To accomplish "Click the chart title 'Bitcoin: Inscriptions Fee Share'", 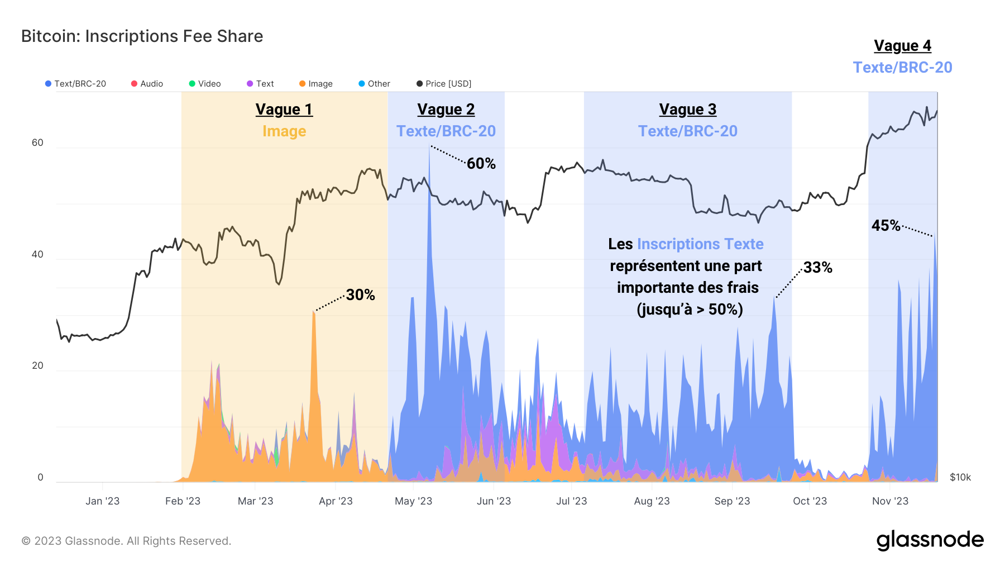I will click(x=142, y=36).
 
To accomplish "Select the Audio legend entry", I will click(x=147, y=84).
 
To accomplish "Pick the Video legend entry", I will click(x=205, y=84).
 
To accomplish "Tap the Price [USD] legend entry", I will click(x=444, y=84).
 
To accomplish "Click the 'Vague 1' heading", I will click(x=284, y=110).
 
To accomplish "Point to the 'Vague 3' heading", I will click(x=687, y=110).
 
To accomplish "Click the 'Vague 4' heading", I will click(x=902, y=46).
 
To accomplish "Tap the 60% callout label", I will click(x=481, y=164).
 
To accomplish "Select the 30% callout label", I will click(x=360, y=295).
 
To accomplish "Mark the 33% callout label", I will click(x=817, y=268).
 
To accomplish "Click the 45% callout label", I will click(x=886, y=226).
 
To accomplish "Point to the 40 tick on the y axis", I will click(x=37, y=255).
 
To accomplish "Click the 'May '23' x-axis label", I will click(x=413, y=501).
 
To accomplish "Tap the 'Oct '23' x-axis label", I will click(x=810, y=501).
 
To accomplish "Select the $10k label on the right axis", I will click(x=960, y=477).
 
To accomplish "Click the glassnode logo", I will click(x=930, y=540).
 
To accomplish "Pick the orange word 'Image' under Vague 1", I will click(x=284, y=131).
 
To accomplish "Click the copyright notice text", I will click(x=126, y=541).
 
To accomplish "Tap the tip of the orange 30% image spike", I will click(x=314, y=312).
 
